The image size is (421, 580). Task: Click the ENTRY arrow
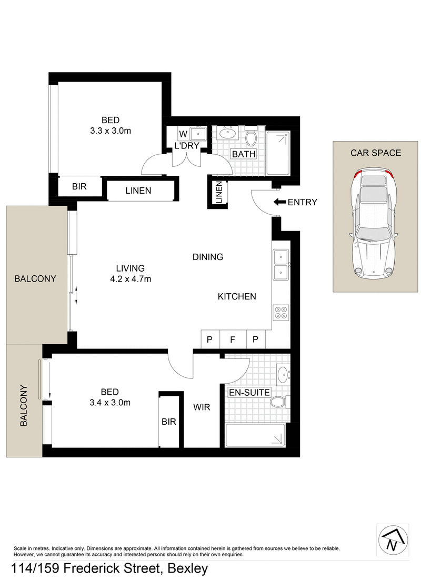coord(279,202)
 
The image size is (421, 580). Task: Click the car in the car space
coord(373,223)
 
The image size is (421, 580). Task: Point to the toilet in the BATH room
coord(251,136)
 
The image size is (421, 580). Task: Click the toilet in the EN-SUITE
coord(279,402)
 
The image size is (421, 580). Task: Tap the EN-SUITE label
coord(249,392)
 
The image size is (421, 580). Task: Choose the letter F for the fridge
coord(232,339)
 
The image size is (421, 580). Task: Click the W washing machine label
coord(183,134)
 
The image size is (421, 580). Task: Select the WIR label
coord(202,407)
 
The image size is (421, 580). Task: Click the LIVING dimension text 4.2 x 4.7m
coord(131,279)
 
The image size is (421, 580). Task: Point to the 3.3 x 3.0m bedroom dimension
coord(111,131)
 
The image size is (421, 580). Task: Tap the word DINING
coord(208,257)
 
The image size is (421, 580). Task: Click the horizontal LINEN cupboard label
coord(138,191)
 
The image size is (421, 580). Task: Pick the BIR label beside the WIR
coord(169,422)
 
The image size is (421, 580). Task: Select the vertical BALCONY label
coord(24,405)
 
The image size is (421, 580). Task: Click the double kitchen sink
coord(281,265)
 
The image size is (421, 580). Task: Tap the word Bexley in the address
coord(187,568)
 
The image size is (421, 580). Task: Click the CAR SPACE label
coord(376,153)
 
